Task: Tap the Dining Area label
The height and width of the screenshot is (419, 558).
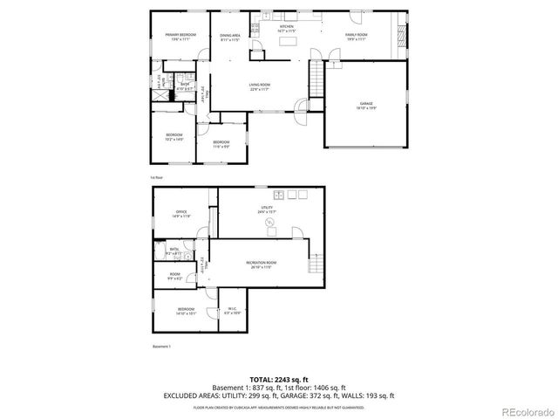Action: pyautogui.click(x=229, y=37)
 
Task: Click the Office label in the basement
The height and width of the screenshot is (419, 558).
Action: pyautogui.click(x=181, y=212)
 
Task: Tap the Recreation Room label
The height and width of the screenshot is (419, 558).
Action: pyautogui.click(x=261, y=264)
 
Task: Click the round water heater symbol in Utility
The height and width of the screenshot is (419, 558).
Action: pyautogui.click(x=270, y=223)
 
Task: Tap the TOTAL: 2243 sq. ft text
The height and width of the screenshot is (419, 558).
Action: pyautogui.click(x=278, y=379)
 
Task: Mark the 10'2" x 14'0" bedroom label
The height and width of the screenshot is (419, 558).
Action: pyautogui.click(x=174, y=137)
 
